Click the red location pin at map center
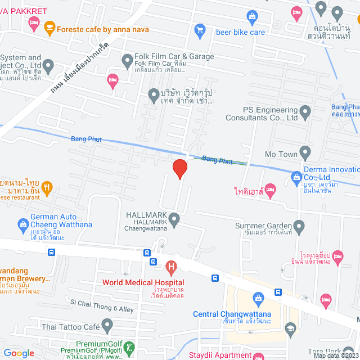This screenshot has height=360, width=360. click(x=179, y=169)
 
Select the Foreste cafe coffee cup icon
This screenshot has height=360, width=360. click(x=50, y=25)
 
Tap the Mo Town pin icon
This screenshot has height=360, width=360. click(x=305, y=152)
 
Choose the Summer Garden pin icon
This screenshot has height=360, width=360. click(x=299, y=227)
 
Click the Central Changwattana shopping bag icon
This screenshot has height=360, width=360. click(x=258, y=298)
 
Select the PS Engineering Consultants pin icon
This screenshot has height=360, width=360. click(x=305, y=112)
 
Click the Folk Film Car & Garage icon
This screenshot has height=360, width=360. click(x=127, y=59)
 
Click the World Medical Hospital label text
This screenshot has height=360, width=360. click(x=143, y=282)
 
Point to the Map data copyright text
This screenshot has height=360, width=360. click(x=336, y=355)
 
